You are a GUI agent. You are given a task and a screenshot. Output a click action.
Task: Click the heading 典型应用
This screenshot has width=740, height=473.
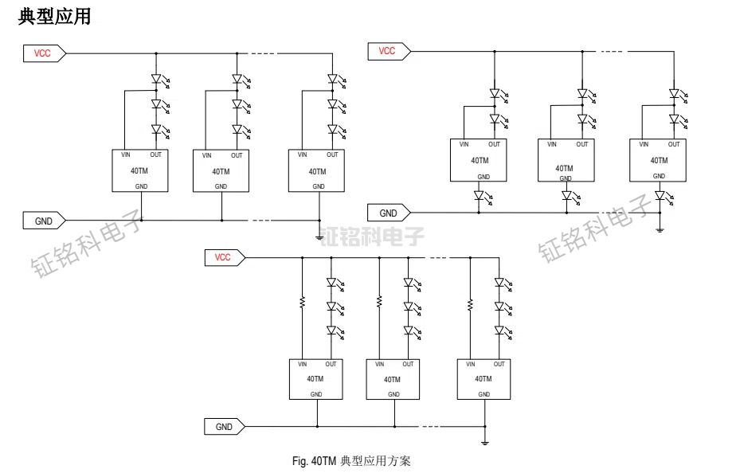pyautogui.click(x=53, y=17)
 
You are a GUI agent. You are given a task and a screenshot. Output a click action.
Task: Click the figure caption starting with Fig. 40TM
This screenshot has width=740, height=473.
pyautogui.click(x=350, y=461)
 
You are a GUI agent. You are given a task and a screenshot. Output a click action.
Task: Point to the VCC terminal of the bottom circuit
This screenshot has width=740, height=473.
pyautogui.click(x=225, y=257)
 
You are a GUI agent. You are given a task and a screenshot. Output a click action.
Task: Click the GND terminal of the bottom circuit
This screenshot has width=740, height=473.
pyautogui.click(x=225, y=427)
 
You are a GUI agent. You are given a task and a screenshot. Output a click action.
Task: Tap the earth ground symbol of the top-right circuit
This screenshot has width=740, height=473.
pyautogui.click(x=660, y=229)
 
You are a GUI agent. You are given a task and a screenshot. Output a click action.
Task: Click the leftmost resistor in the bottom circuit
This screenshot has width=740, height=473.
pyautogui.click(x=302, y=303)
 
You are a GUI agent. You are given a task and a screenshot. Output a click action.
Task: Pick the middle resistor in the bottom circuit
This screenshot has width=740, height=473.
pyautogui.click(x=379, y=303)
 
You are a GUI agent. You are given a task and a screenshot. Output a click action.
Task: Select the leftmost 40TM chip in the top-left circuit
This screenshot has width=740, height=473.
pyautogui.click(x=140, y=170)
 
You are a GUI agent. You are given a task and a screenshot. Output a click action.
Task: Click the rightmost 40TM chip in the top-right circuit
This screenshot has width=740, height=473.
pyautogui.click(x=658, y=160)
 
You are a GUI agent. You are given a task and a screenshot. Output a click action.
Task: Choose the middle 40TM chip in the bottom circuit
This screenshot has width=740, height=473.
pyautogui.click(x=393, y=379)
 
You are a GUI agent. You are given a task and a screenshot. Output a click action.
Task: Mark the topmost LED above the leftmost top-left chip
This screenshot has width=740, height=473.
pyautogui.click(x=156, y=80)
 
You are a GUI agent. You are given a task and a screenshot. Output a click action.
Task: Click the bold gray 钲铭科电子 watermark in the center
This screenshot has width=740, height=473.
pyautogui.click(x=372, y=236)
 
